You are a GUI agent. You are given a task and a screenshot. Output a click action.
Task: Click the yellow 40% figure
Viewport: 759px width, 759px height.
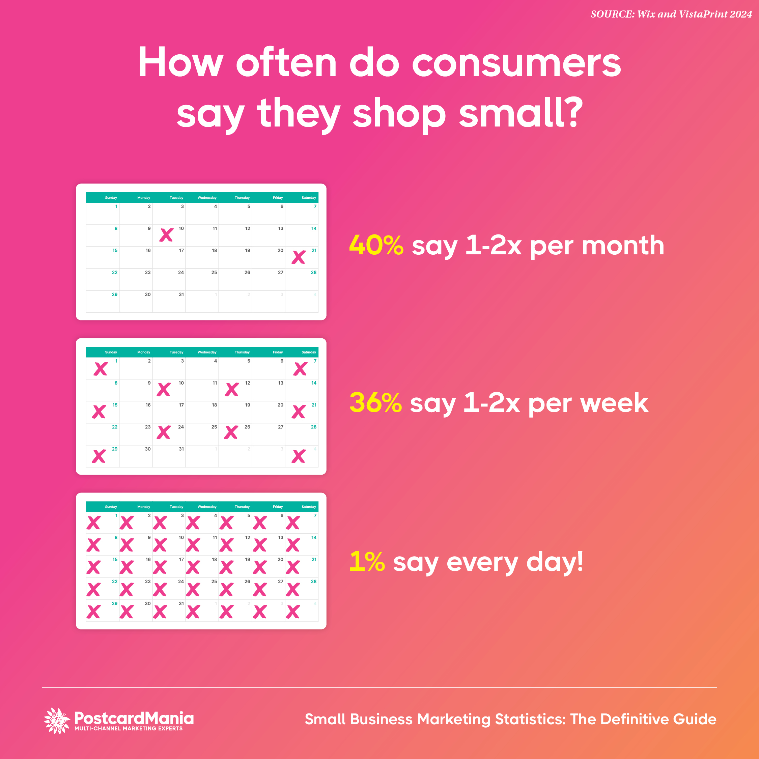(x=376, y=245)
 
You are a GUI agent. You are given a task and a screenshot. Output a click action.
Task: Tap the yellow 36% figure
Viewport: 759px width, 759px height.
(x=375, y=403)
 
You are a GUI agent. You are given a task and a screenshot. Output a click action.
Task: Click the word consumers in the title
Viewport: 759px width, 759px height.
(x=516, y=63)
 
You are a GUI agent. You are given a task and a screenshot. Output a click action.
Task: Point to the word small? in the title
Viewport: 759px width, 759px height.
(x=521, y=113)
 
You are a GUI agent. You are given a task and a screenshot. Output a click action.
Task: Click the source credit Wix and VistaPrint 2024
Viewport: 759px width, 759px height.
(x=694, y=14)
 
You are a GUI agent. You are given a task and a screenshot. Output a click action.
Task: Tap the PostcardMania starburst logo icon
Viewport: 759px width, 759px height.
(x=57, y=721)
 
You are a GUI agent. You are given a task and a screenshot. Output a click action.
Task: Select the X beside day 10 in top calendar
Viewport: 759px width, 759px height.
(x=166, y=235)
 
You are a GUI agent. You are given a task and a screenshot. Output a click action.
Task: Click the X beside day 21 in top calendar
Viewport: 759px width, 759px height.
(x=299, y=257)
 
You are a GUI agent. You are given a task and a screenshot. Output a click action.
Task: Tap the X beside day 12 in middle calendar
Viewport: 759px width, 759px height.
(x=232, y=389)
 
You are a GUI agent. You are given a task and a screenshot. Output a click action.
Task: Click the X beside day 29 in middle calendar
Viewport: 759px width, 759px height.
(x=99, y=456)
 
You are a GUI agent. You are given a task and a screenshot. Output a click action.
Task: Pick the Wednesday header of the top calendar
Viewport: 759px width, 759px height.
(x=207, y=198)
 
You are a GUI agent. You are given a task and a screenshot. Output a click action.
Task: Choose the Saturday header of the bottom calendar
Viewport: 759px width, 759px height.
(x=309, y=507)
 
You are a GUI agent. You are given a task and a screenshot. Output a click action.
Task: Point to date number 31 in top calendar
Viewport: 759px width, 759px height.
(x=181, y=294)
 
